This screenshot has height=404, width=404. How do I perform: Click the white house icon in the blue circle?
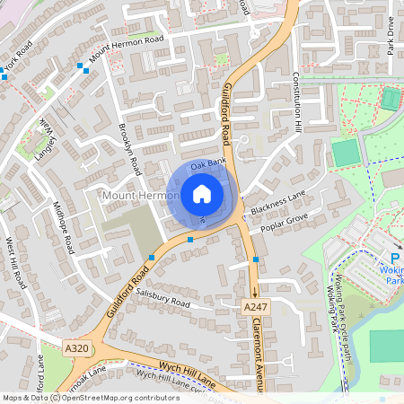point(202,194)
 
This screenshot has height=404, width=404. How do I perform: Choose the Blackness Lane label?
point(278,207)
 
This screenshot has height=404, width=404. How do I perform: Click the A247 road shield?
point(256,308)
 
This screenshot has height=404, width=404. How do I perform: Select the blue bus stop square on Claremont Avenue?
point(256,259)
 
